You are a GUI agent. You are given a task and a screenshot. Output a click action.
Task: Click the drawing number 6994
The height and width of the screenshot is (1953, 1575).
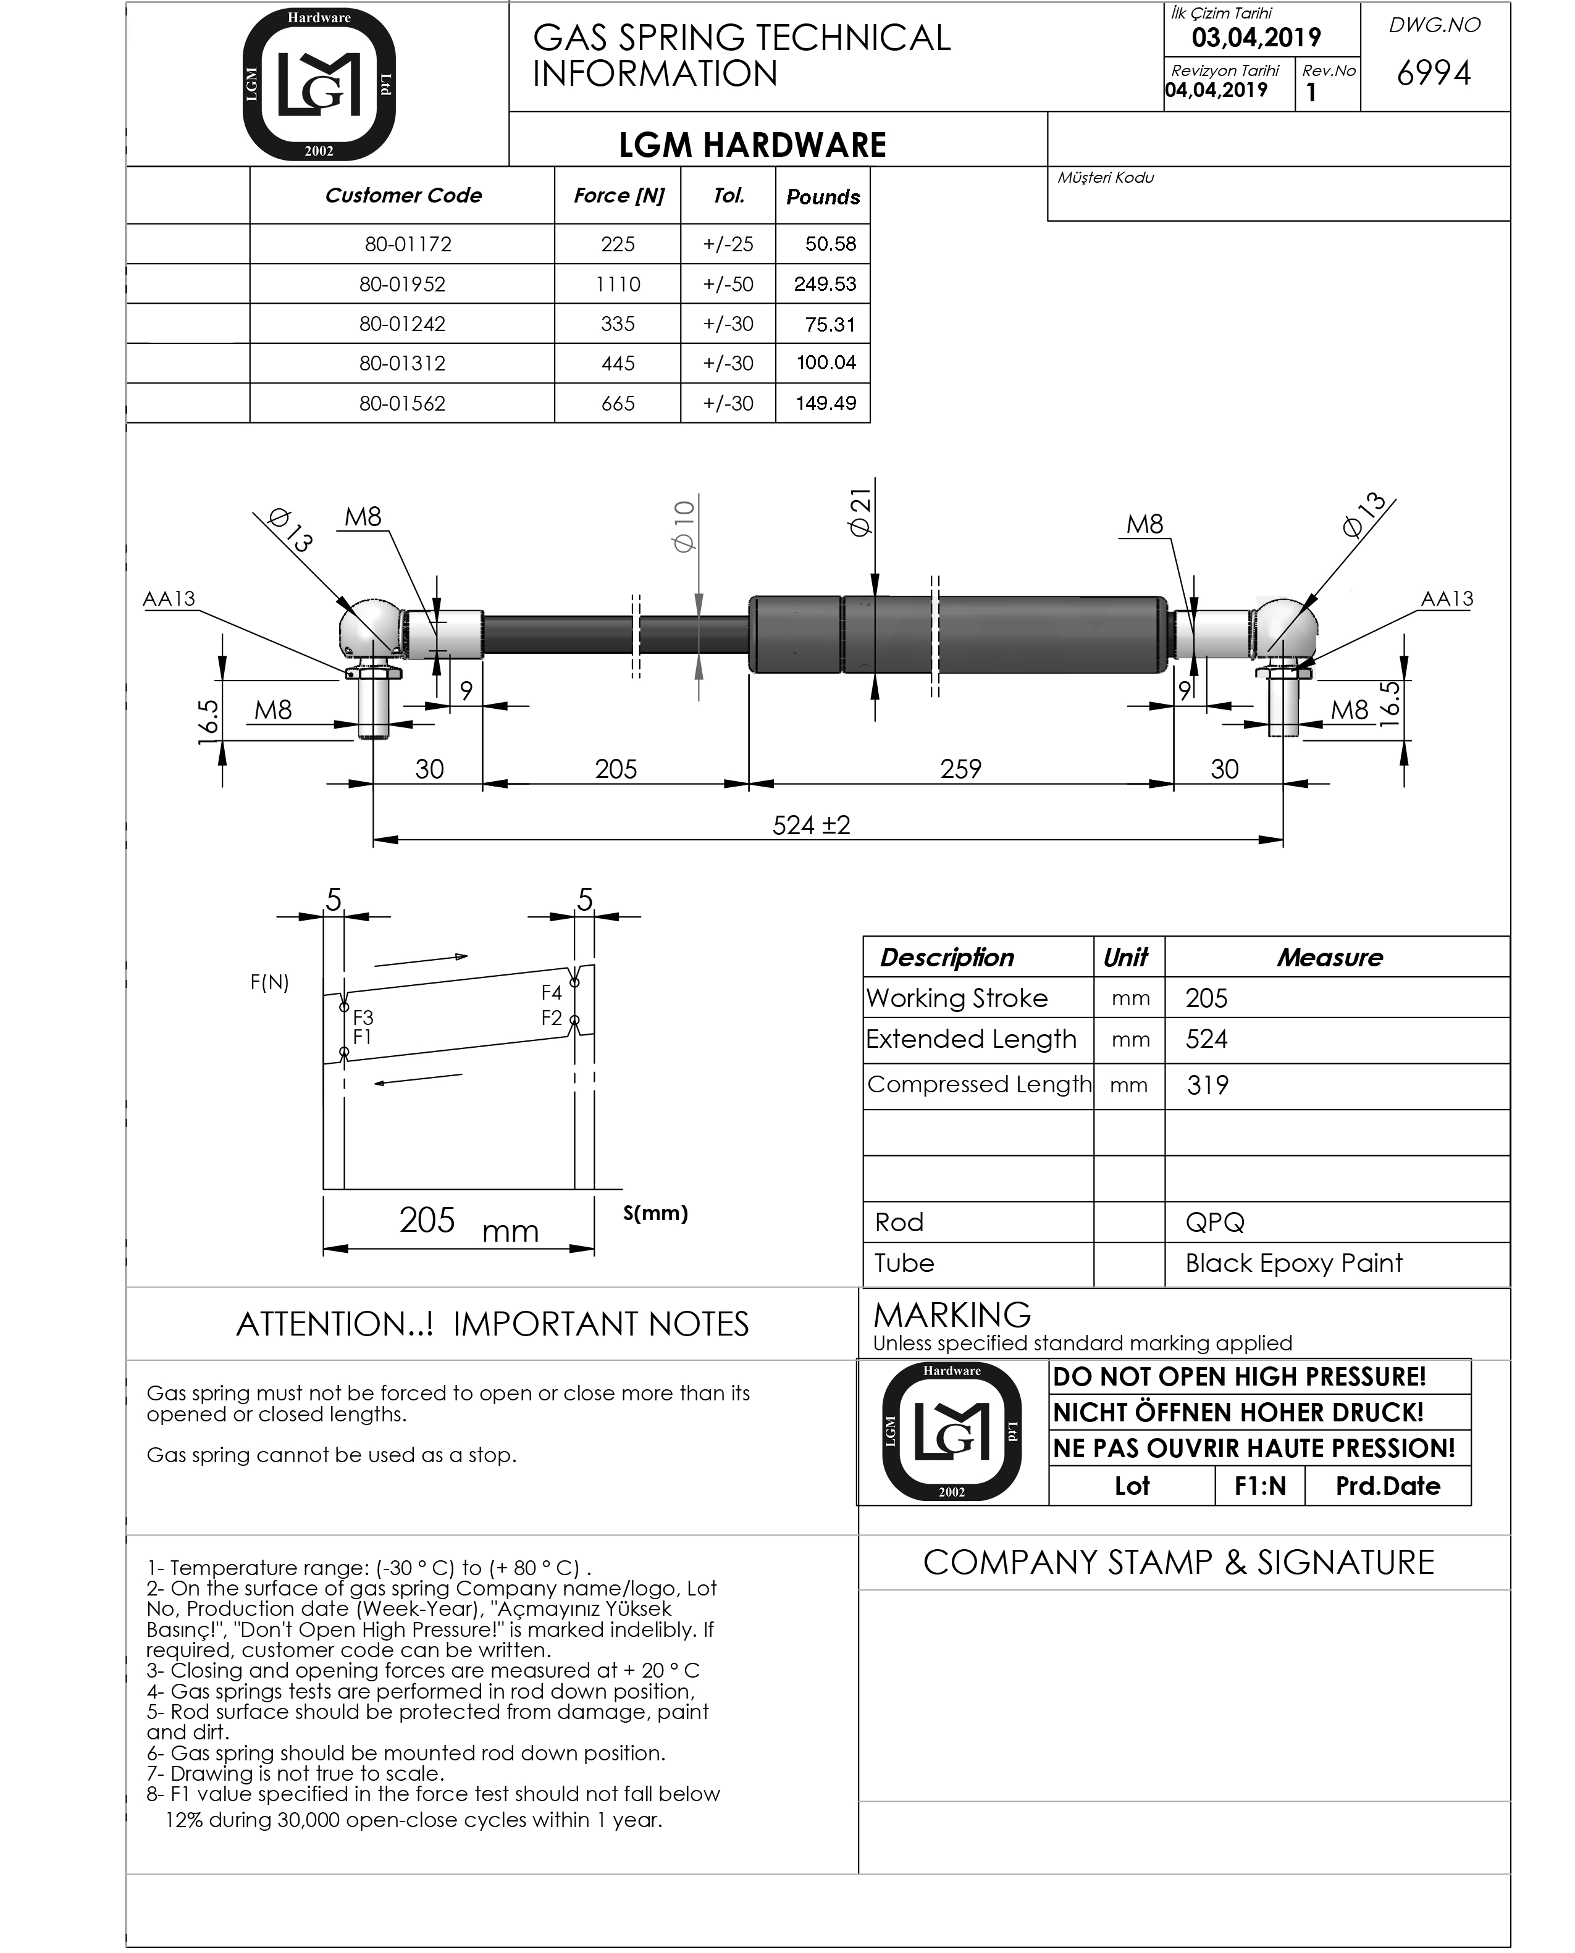click(x=1434, y=73)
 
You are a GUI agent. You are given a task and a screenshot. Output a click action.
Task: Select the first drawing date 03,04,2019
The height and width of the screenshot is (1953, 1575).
click(x=1256, y=38)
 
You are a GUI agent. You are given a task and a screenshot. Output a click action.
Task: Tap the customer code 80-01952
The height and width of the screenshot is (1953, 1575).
click(x=403, y=284)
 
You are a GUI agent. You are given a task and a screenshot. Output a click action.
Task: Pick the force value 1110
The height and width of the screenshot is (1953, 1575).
click(x=618, y=284)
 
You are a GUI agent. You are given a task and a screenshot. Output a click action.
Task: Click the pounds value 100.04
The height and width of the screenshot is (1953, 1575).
click(x=826, y=363)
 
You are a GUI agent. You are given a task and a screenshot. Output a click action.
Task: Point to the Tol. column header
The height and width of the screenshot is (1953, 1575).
click(x=729, y=195)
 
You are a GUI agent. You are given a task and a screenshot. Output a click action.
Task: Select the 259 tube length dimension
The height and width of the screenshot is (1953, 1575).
click(x=961, y=769)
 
